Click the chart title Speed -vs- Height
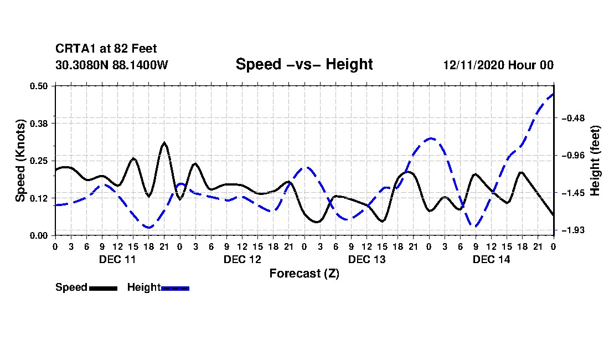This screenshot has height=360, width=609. pyautogui.click(x=304, y=64)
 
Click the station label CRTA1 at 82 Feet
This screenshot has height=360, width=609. pyautogui.click(x=106, y=49)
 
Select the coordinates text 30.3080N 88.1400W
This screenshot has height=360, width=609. pyautogui.click(x=112, y=65)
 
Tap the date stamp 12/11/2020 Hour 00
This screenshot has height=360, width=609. pyautogui.click(x=498, y=65)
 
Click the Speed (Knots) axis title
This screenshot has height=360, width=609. pyautogui.click(x=20, y=161)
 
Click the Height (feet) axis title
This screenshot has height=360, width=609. pyautogui.click(x=596, y=161)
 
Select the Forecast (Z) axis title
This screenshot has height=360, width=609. pyautogui.click(x=304, y=273)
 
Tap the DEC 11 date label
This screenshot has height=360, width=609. pyautogui.click(x=117, y=259)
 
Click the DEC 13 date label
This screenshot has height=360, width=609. pyautogui.click(x=367, y=259)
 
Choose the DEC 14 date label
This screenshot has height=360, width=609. pyautogui.click(x=491, y=259)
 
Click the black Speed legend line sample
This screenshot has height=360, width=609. pyautogui.click(x=103, y=288)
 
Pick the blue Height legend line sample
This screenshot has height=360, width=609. pyautogui.click(x=175, y=288)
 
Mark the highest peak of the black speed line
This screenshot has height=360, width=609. pyautogui.click(x=164, y=143)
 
